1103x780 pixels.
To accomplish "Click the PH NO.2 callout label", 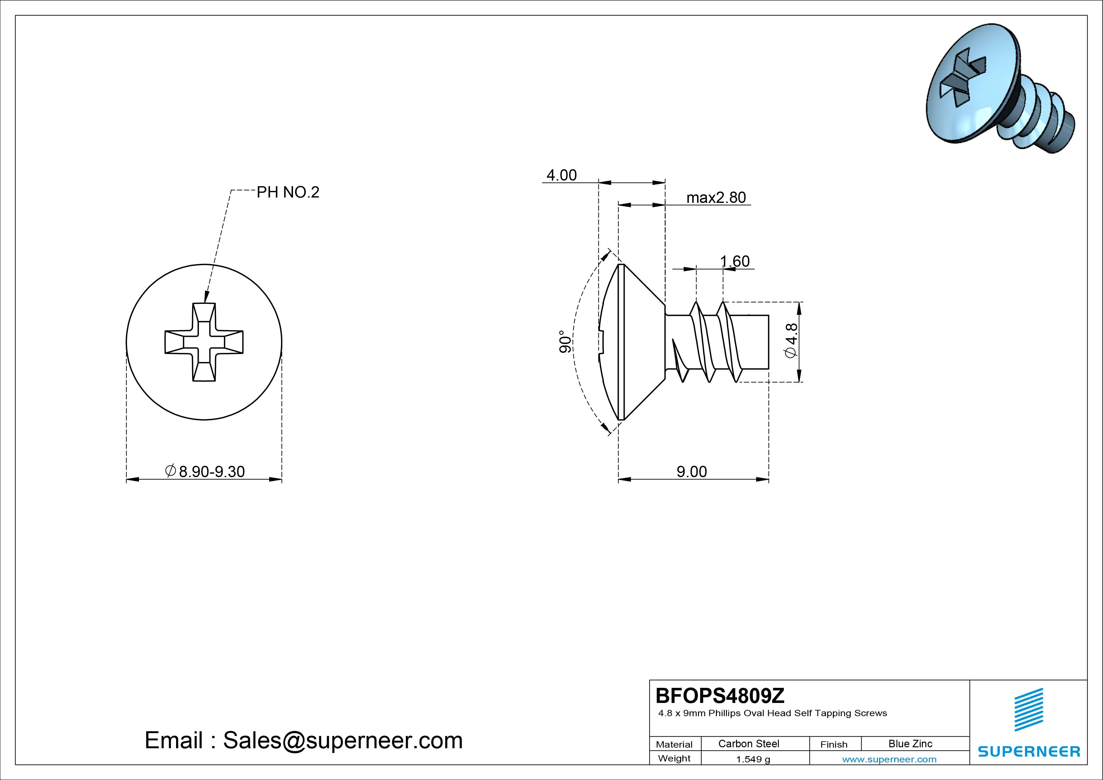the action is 288,192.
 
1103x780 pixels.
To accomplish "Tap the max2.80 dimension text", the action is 716,198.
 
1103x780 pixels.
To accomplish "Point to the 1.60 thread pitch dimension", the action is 734,261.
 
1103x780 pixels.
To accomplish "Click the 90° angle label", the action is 565,342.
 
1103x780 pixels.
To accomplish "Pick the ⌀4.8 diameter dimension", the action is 791,340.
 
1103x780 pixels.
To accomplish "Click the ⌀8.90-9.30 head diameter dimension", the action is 205,471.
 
